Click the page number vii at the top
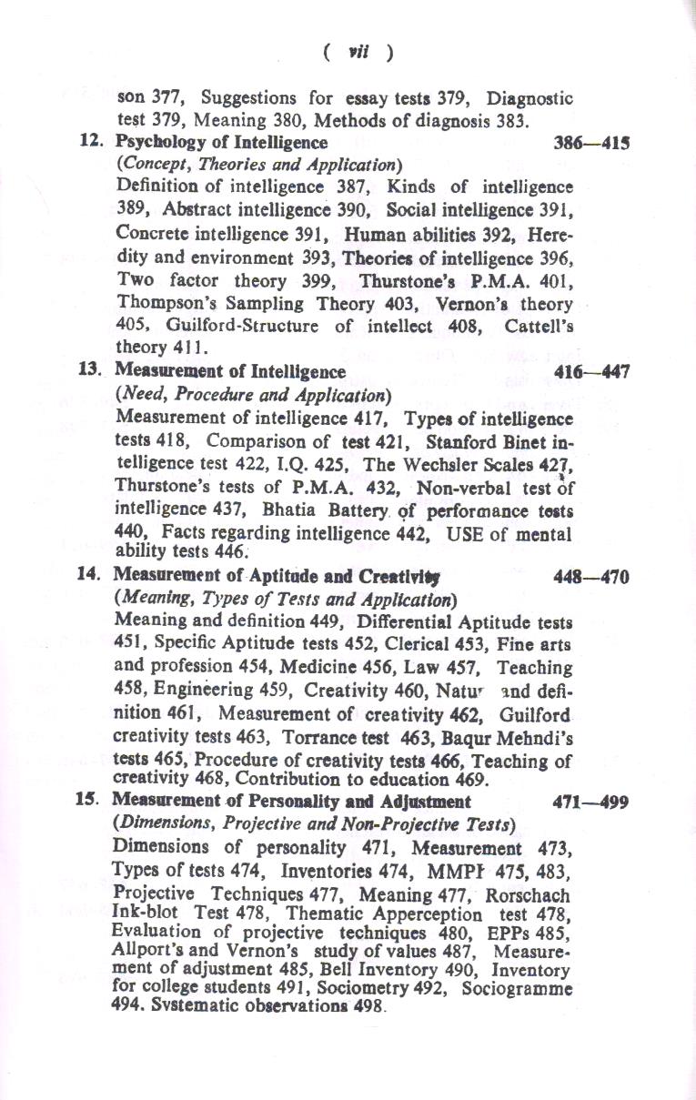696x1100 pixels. (x=358, y=53)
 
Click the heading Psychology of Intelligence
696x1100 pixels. (x=221, y=143)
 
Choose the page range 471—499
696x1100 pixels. (x=591, y=802)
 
